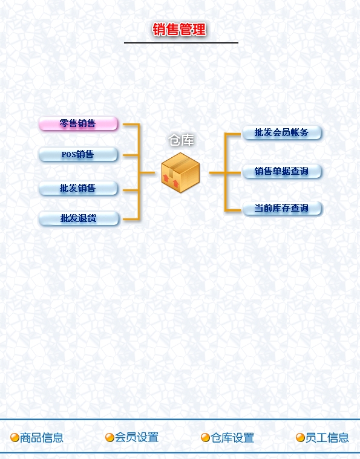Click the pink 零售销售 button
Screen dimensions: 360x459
coord(79,123)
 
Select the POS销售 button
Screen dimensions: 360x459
coord(79,154)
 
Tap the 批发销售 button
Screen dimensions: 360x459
coord(79,188)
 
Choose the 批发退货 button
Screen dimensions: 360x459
coord(79,218)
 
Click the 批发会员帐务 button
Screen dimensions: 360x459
coord(282,132)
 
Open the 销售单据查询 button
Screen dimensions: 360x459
coord(282,171)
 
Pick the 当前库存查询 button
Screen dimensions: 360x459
coord(282,209)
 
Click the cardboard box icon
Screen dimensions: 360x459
coord(180,173)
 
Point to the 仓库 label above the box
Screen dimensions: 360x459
coord(182,140)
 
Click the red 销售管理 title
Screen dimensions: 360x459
coord(179,30)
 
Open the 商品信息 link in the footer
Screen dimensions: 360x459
coord(42,438)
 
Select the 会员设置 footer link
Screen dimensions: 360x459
coord(137,438)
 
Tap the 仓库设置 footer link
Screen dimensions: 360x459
coord(232,438)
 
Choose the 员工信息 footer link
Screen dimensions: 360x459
coord(327,438)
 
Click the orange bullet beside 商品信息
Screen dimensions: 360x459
coord(15,438)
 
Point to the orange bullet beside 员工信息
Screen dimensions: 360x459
coord(300,438)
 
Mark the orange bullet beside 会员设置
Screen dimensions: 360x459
coord(110,438)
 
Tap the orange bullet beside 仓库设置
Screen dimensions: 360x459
coord(205,438)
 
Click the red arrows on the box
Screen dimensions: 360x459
coord(171,181)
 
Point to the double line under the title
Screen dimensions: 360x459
coord(181,44)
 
